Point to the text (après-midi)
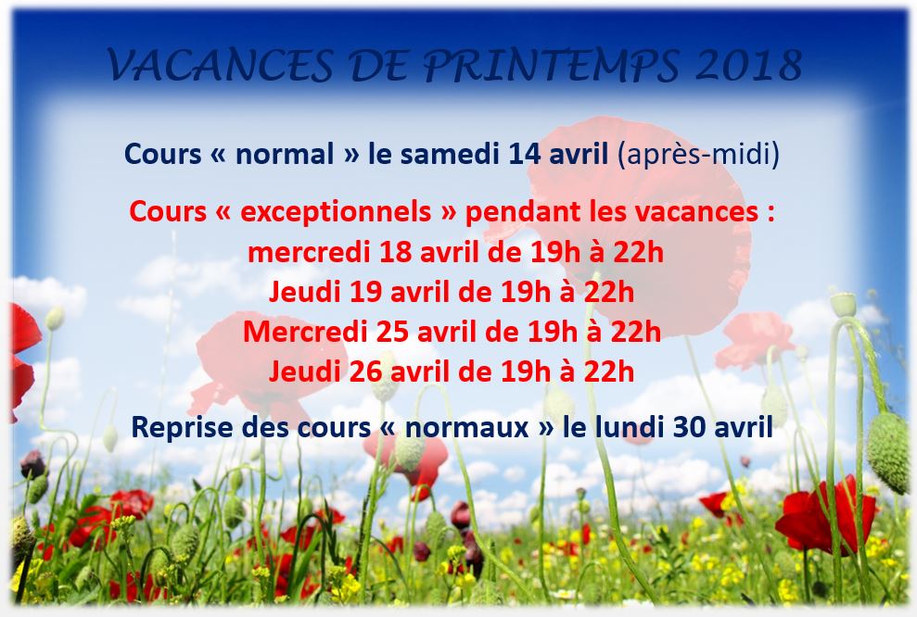point(698,155)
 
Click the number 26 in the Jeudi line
point(365,372)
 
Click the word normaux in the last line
point(466,428)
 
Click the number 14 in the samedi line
point(525,154)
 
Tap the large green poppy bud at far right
point(888,452)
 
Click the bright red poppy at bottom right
point(825,514)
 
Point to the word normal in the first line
point(285,154)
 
